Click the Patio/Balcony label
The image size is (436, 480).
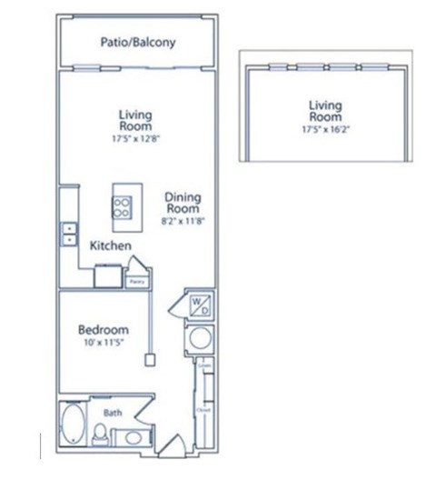coord(137,42)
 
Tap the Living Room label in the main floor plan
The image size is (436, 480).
coord(135,120)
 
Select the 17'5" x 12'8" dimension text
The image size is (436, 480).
coord(135,139)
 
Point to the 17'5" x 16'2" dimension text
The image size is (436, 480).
coord(325,130)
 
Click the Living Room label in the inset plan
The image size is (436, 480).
coord(325,111)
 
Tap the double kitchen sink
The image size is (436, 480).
coord(68,234)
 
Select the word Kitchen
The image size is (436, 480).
coord(111,246)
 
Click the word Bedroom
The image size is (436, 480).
coord(102,329)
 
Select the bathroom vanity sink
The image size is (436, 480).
coord(134,438)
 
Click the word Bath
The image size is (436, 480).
coord(112,412)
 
